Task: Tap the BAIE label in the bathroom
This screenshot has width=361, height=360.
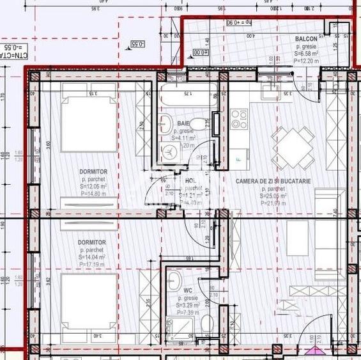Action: click(x=183, y=122)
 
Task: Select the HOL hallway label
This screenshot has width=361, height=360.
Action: click(x=190, y=181)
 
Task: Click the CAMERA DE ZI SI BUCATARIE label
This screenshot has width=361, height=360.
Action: click(x=273, y=182)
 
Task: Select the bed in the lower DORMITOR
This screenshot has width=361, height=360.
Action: click(x=89, y=301)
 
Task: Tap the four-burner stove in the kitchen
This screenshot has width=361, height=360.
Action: click(x=239, y=119)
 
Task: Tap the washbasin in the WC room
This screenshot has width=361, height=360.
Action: click(x=174, y=279)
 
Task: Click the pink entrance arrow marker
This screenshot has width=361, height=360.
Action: click(x=314, y=351)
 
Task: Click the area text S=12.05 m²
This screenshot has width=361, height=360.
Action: click(x=93, y=186)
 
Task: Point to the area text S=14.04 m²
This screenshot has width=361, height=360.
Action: click(x=93, y=256)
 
